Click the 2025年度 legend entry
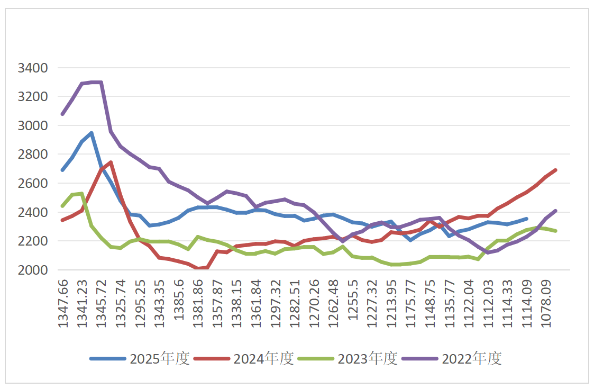pos(140,358)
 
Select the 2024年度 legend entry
pos(244,358)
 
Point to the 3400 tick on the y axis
pos(33,68)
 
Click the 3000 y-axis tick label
pos(33,125)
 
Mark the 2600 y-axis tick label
pos(33,183)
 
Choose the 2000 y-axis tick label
pos(33,270)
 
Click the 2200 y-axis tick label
pos(33,241)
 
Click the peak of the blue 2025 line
pos(92,133)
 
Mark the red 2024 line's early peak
pos(111,162)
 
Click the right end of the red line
pos(555,170)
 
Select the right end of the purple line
pos(555,211)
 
